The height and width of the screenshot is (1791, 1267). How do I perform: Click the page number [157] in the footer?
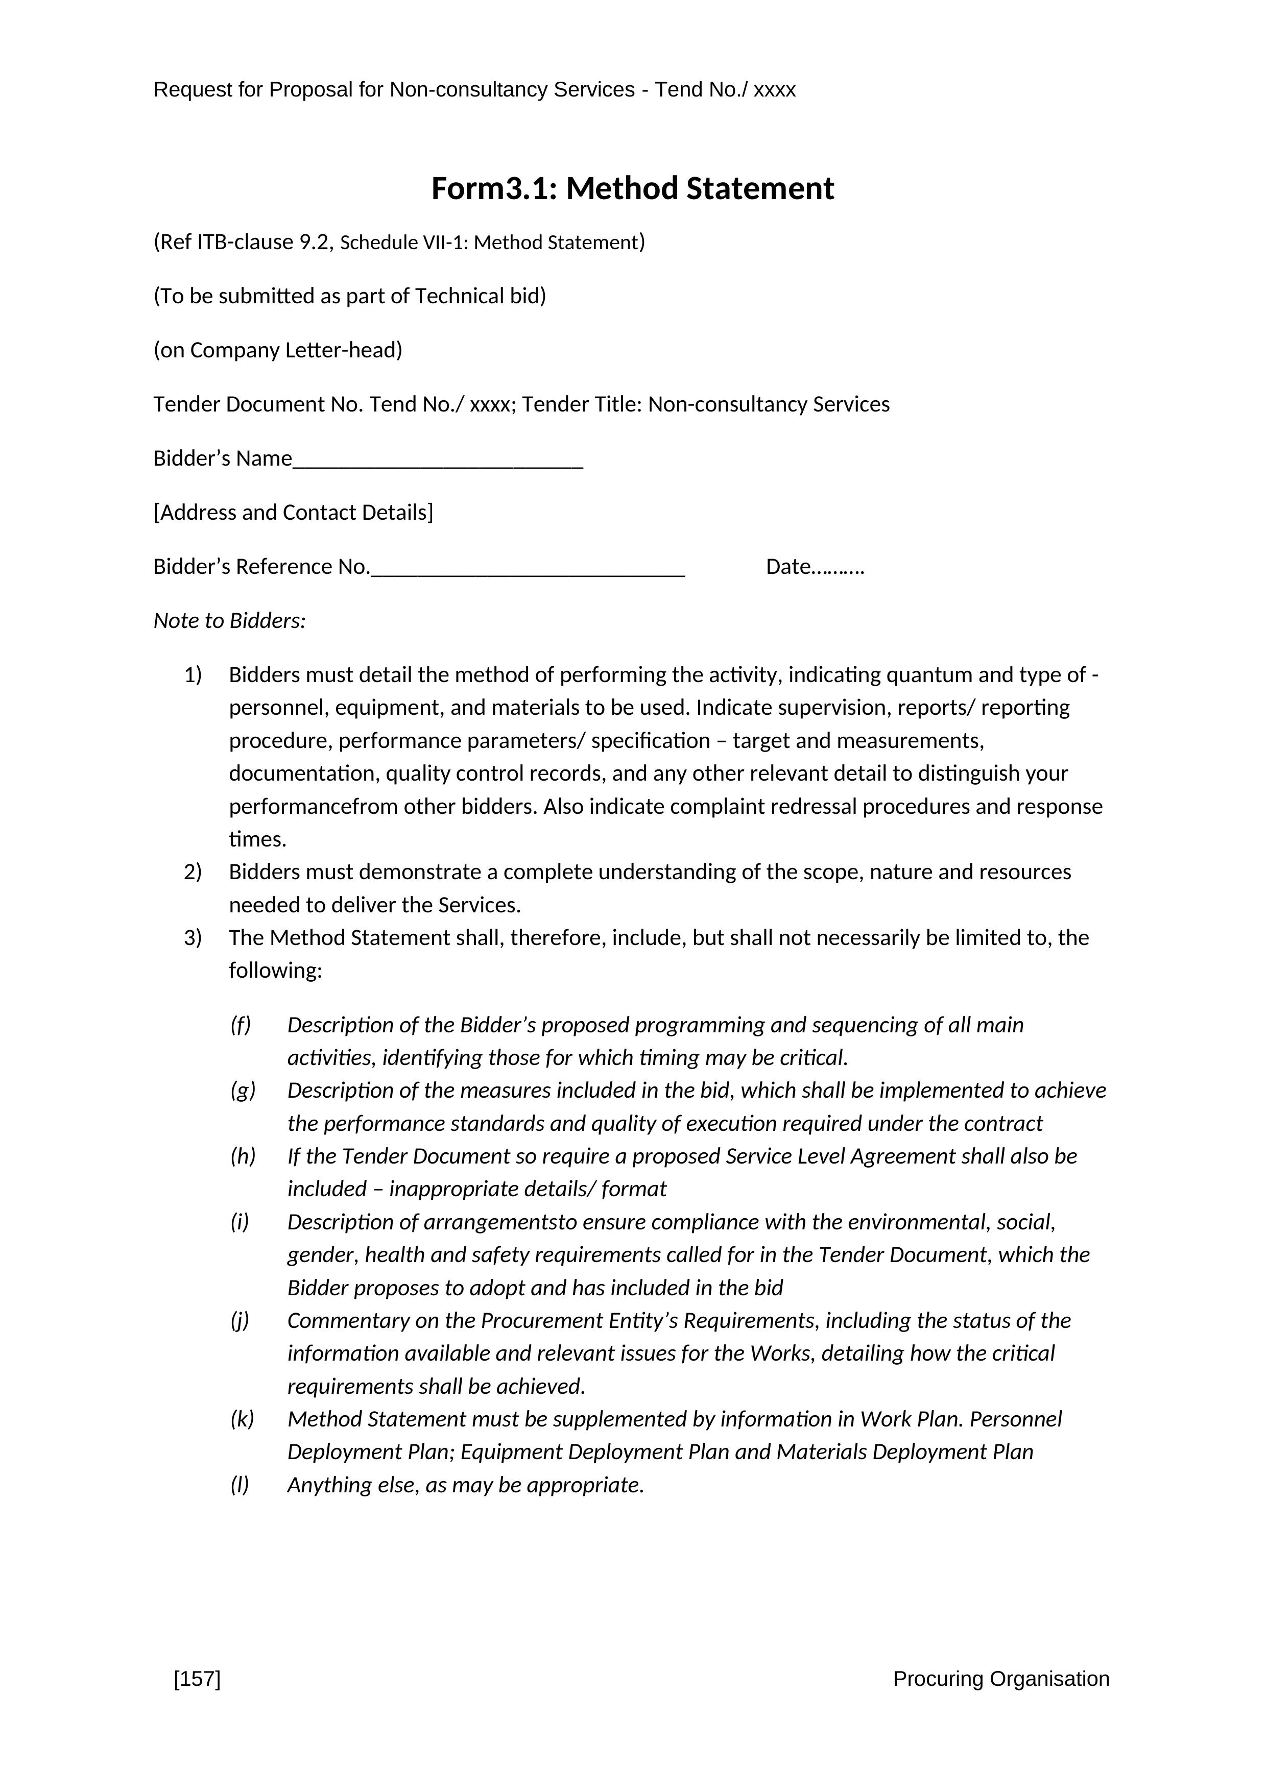tap(198, 1679)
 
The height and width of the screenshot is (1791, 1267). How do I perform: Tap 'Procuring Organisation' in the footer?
tap(1000, 1679)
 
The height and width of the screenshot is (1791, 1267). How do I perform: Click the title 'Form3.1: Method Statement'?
tap(633, 189)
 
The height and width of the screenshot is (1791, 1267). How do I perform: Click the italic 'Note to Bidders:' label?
tap(229, 621)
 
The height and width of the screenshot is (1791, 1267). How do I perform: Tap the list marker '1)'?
tap(193, 675)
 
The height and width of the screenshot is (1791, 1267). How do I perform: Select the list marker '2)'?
tap(193, 872)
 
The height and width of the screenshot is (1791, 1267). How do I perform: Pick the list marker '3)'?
tap(193, 938)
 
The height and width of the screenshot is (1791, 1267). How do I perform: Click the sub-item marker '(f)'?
tap(241, 1025)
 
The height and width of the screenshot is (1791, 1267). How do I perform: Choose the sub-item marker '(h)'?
tap(243, 1156)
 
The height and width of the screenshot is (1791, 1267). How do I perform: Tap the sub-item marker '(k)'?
tap(242, 1419)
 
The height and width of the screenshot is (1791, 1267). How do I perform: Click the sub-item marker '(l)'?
tap(240, 1485)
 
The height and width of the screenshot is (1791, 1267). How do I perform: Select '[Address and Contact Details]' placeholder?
tap(293, 513)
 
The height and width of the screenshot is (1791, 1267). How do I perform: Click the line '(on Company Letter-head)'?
tap(278, 350)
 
